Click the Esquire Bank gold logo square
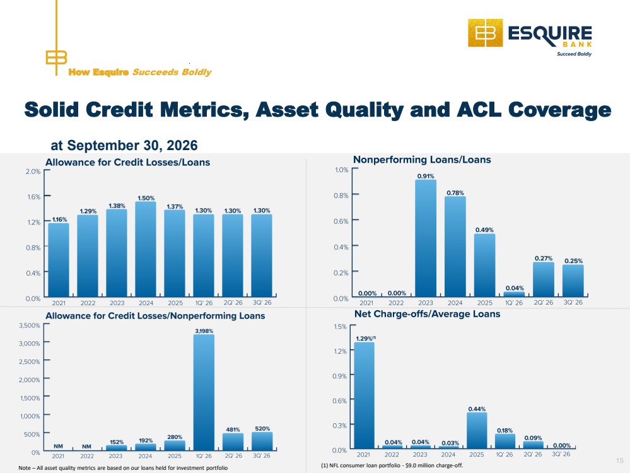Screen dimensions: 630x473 (x=485, y=33)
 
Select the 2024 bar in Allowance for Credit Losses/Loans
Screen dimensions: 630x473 (x=146, y=249)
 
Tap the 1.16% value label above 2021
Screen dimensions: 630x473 (x=59, y=219)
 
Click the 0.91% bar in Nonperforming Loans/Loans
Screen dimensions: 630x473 (x=426, y=238)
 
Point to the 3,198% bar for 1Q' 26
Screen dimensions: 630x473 (x=204, y=393)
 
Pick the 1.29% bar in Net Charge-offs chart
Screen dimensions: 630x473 (x=364, y=395)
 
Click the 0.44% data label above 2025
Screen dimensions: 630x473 (x=477, y=409)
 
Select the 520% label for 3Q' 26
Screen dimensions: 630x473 (x=262, y=428)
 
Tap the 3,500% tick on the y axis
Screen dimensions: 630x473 (x=30, y=325)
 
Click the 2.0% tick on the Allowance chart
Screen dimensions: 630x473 (x=33, y=171)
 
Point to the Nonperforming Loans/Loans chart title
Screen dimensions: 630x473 (x=422, y=160)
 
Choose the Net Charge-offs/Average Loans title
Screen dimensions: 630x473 (x=427, y=314)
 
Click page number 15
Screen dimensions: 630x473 (x=619, y=460)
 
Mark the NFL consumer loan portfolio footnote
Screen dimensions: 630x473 (x=392, y=465)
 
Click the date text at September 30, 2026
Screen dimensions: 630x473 (x=124, y=145)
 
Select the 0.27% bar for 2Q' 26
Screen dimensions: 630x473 (x=544, y=279)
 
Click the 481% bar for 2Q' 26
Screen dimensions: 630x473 (x=233, y=441)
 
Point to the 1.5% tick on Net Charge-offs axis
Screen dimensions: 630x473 (x=340, y=326)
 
